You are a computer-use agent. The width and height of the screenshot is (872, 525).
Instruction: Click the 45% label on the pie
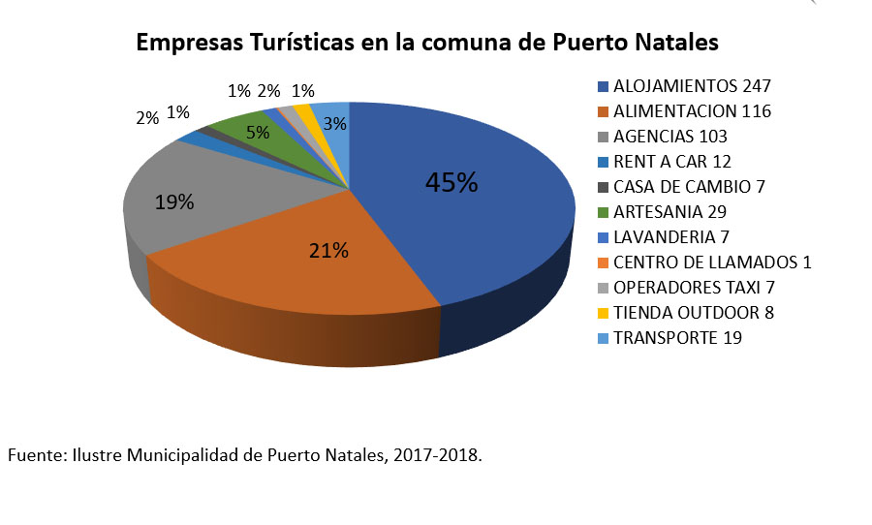tap(452, 183)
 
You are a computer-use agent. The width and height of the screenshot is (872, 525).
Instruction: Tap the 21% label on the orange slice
tap(328, 251)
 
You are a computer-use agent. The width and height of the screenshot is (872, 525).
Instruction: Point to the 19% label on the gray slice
tap(174, 202)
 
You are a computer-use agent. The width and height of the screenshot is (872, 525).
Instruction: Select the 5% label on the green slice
tap(258, 133)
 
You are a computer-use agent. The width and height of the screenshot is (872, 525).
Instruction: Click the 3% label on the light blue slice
tap(335, 123)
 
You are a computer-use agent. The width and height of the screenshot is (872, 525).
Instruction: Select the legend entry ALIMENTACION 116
tap(692, 111)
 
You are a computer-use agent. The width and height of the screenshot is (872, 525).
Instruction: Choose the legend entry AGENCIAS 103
tap(670, 137)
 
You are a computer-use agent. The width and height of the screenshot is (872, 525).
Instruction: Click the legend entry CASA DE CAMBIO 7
tap(689, 187)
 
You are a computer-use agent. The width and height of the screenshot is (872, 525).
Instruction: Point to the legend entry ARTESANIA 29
tap(670, 212)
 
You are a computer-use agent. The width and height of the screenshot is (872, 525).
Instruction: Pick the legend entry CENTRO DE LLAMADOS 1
tap(711, 262)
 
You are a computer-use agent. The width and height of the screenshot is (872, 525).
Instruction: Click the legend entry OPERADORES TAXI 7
tap(694, 288)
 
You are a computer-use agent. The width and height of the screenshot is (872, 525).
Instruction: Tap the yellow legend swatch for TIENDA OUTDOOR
tap(604, 313)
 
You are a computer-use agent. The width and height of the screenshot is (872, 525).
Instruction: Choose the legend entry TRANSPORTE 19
tap(677, 338)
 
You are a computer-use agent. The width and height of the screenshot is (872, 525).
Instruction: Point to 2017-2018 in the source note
tap(437, 454)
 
